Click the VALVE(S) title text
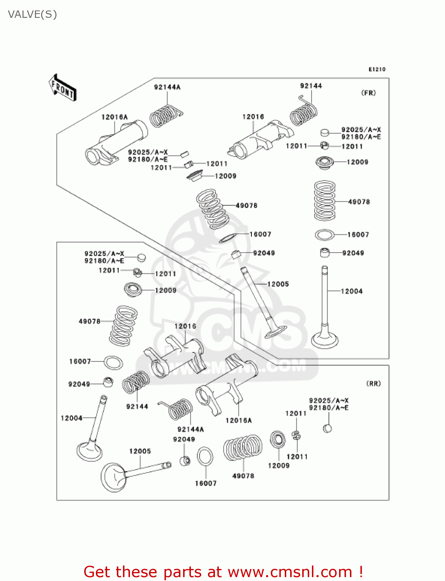tap(32, 15)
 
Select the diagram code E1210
tap(377, 69)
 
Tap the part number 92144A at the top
tap(167, 87)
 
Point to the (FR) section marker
tap(368, 93)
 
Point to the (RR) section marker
tap(373, 383)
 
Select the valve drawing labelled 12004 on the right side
tap(325, 310)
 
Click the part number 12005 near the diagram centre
tap(278, 284)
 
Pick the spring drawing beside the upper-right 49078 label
tap(325, 201)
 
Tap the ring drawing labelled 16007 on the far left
tap(113, 363)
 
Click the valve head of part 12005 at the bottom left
tap(113, 477)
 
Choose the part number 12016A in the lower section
tap(238, 420)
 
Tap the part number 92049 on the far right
tap(353, 253)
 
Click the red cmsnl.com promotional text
tap(223, 572)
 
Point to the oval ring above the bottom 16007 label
tap(205, 457)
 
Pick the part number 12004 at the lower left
tap(71, 418)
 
